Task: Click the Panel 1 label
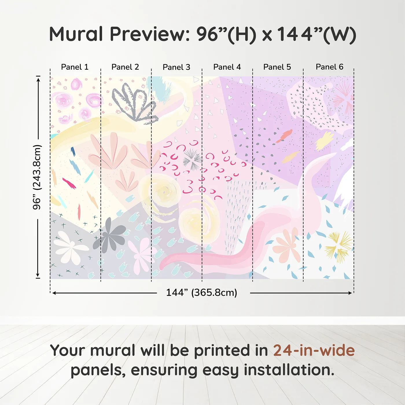75,67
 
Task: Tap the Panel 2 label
125,67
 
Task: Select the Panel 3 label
176,67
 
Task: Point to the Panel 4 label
227,67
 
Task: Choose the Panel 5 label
277,67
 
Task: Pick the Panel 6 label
329,67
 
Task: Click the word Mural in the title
76,34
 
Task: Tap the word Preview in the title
150,34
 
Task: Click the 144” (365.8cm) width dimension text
202,292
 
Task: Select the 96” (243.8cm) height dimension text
37,177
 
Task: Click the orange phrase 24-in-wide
314,351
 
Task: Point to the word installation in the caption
289,370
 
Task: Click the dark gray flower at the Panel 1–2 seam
109,235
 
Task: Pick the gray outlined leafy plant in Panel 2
134,103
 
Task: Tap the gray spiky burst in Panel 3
192,159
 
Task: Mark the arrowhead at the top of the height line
38,79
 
